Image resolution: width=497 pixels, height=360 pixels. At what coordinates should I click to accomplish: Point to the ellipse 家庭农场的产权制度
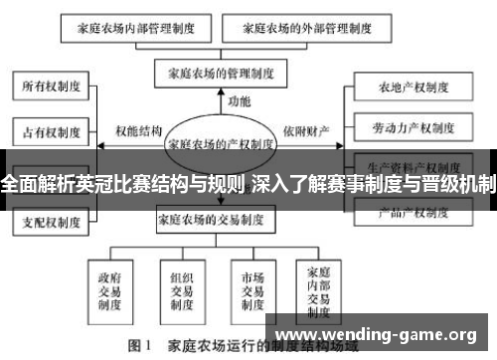pyautogui.click(x=221, y=142)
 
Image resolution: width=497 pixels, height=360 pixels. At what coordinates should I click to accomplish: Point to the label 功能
pyautogui.click(x=240, y=101)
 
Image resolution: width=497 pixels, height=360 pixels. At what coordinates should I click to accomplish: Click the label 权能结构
pyautogui.click(x=138, y=130)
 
